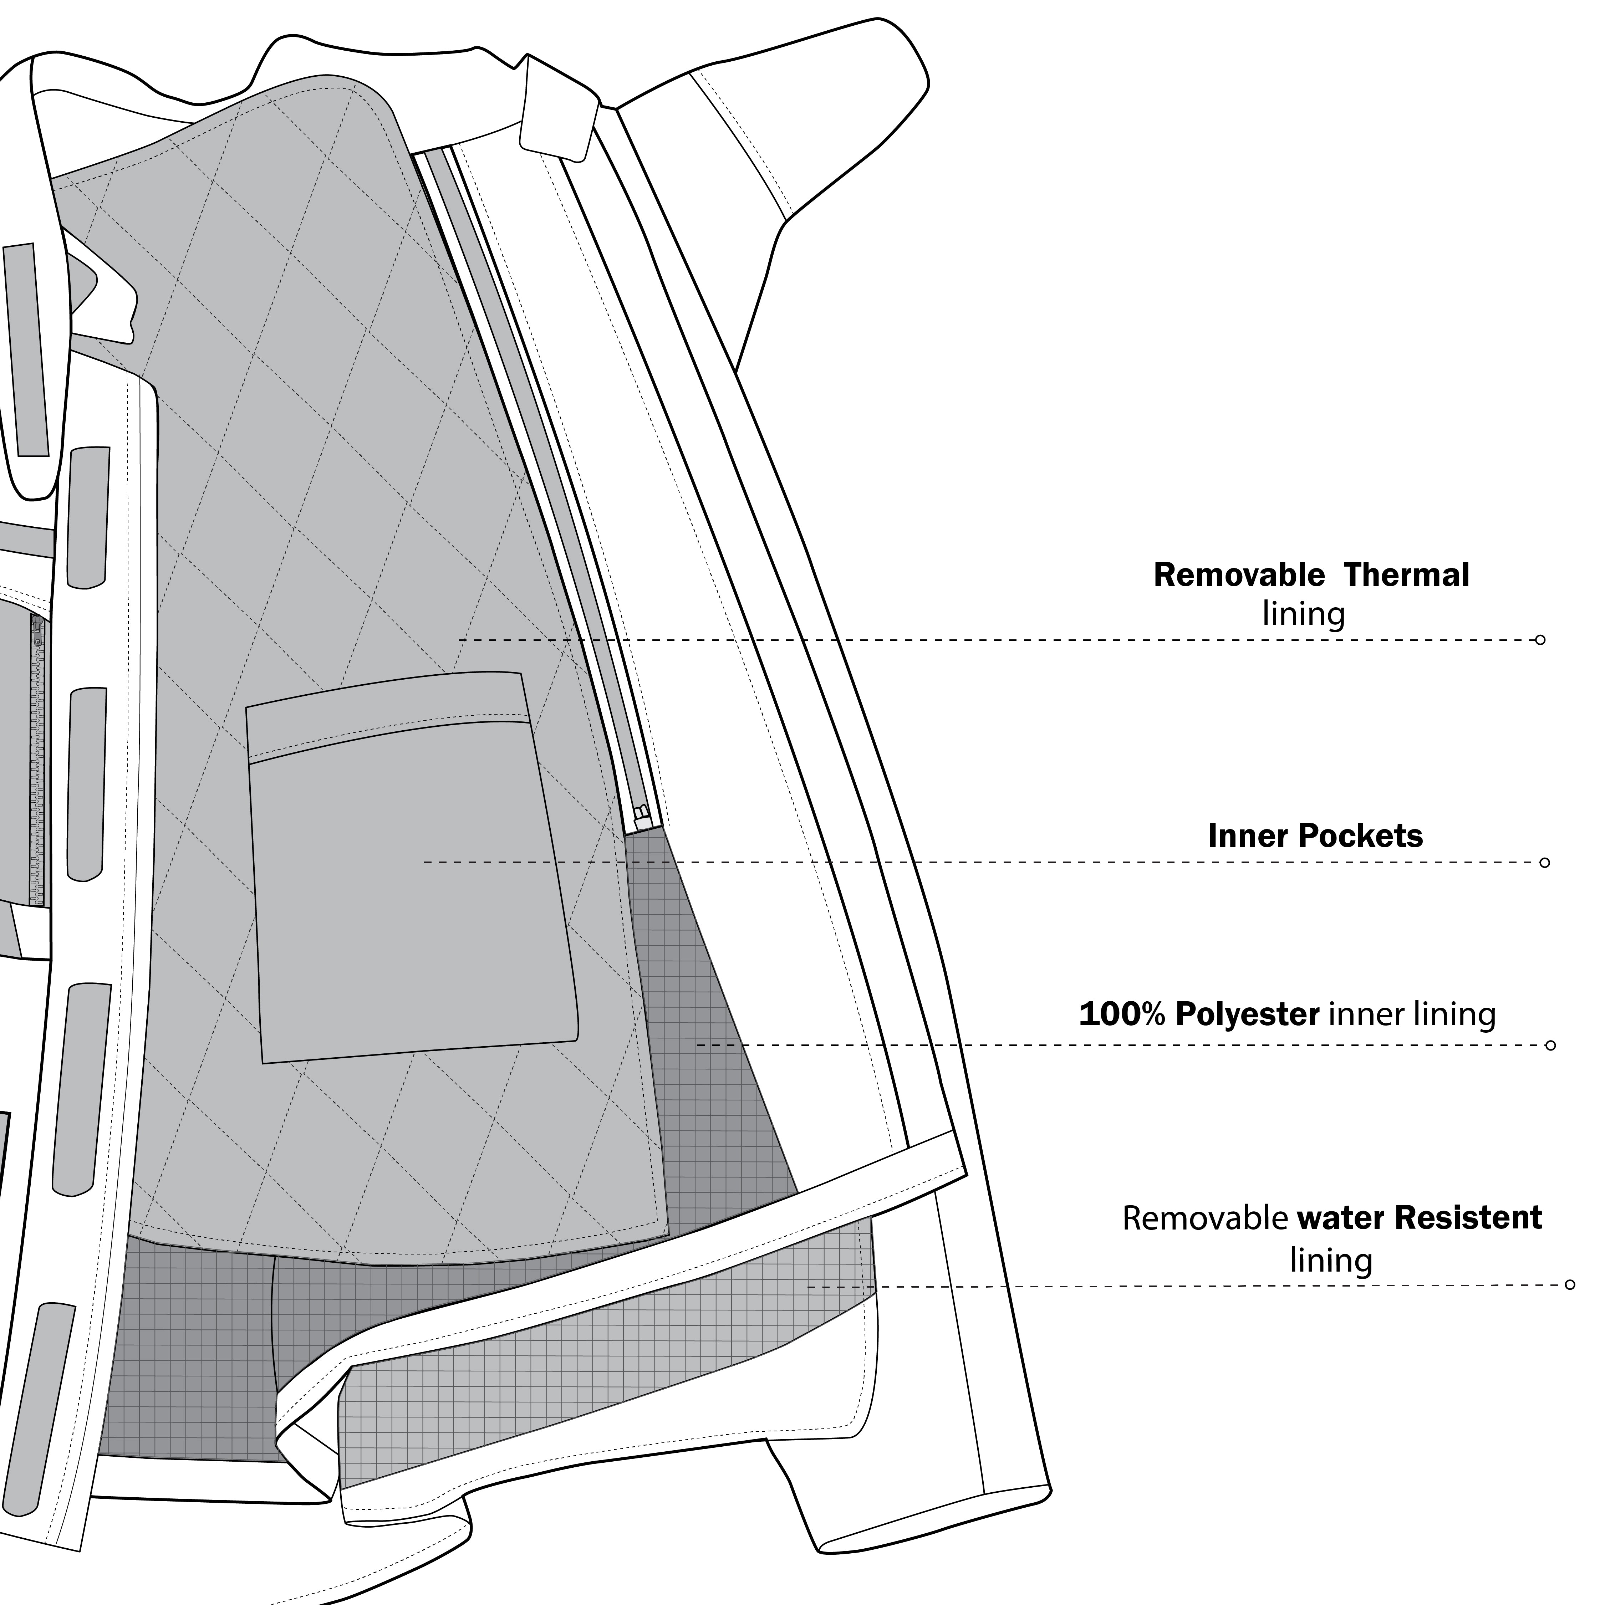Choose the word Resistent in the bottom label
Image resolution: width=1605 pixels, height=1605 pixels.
pos(1468,1218)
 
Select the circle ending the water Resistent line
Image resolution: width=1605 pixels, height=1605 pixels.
pos(1569,1285)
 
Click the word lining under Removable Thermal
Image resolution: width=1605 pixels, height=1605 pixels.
pos(1303,615)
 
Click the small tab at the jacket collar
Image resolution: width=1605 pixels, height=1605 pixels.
pos(558,108)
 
